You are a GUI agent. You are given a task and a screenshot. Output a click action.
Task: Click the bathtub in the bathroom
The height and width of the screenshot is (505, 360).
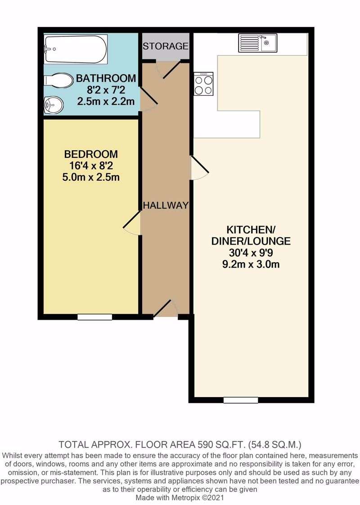click(76, 49)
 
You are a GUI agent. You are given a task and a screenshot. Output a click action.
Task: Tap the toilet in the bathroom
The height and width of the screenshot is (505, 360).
click(58, 80)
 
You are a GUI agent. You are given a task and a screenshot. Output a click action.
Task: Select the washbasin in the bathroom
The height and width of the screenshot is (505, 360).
click(53, 105)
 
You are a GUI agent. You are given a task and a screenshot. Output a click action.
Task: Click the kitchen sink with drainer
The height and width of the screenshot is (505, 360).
click(257, 43)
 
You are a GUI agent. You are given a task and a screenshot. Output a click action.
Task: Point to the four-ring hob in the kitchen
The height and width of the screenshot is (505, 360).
click(204, 84)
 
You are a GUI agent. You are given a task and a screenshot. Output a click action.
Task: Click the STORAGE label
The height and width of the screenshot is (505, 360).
click(165, 46)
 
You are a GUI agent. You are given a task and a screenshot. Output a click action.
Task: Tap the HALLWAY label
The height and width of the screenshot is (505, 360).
click(166, 205)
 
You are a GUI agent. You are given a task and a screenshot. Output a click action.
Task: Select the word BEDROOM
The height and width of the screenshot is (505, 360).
click(91, 154)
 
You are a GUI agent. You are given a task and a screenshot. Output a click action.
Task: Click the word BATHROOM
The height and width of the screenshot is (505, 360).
click(106, 78)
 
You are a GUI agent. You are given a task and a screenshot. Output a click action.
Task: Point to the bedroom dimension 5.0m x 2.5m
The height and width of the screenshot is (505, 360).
click(91, 177)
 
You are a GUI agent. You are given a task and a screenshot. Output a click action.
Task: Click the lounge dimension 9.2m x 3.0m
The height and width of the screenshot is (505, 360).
click(251, 264)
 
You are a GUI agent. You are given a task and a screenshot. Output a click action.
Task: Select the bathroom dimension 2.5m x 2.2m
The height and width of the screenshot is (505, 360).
click(106, 102)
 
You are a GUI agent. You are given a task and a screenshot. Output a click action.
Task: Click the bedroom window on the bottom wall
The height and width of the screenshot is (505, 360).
click(95, 317)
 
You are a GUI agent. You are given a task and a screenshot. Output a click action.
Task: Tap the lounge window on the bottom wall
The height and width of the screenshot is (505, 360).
click(241, 400)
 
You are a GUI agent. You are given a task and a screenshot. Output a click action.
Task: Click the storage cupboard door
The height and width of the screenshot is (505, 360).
click(169, 69)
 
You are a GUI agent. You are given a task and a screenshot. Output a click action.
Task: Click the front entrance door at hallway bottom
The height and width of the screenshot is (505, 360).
click(166, 308)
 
